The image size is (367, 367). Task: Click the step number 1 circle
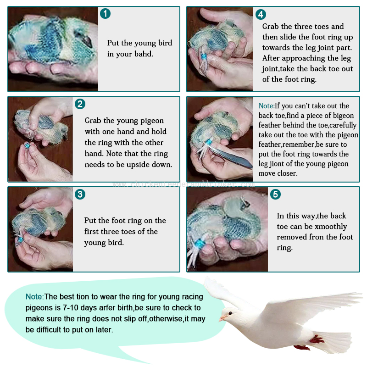click(x=105, y=14)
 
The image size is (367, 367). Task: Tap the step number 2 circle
click(x=80, y=104)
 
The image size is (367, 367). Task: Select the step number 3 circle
click(x=80, y=194)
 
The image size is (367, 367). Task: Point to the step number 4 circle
click(x=261, y=15)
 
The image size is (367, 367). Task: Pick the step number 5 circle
click(x=276, y=194)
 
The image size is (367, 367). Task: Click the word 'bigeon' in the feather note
click(x=343, y=116)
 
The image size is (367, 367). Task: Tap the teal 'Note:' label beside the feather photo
click(x=267, y=106)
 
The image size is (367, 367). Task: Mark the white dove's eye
click(x=231, y=313)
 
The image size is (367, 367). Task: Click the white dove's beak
click(x=222, y=318)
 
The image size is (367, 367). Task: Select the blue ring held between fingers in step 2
click(x=27, y=145)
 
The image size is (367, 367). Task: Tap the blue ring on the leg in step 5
click(x=200, y=244)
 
